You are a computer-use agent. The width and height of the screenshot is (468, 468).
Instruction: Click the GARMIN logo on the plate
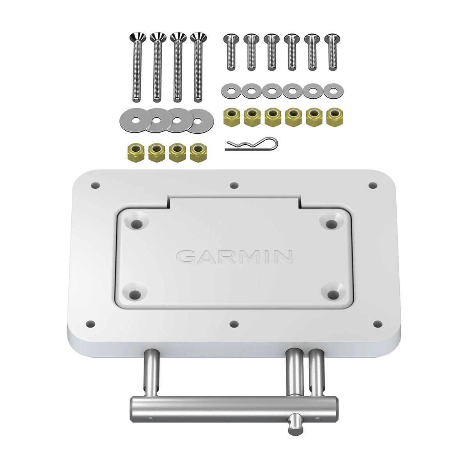pyautogui.click(x=234, y=256)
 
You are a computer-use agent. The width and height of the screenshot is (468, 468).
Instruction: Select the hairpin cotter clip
pyautogui.click(x=252, y=144)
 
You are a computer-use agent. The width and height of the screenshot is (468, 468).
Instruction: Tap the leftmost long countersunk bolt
pyautogui.click(x=136, y=66)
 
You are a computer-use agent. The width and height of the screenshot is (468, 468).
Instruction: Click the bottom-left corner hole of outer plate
pyautogui.click(x=90, y=323)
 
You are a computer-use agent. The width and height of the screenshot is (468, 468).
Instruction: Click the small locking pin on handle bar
pyautogui.click(x=292, y=418)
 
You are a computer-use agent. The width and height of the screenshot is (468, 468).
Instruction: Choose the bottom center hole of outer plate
pyautogui.click(x=234, y=323)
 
